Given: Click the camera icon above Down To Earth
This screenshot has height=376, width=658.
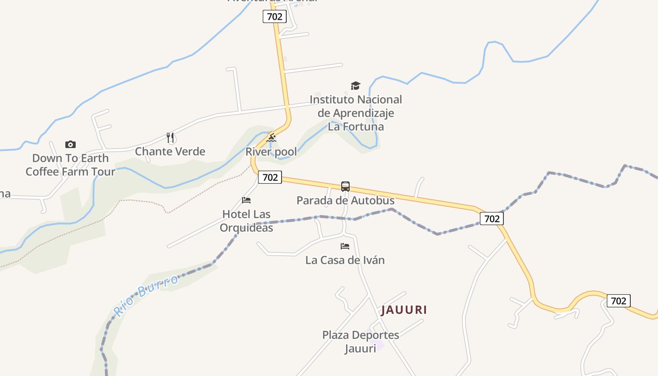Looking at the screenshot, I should point(70,144).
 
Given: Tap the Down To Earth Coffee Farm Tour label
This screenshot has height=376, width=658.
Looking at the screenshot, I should point(70,165).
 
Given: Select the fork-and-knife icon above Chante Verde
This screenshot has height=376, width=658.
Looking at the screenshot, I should point(171,138).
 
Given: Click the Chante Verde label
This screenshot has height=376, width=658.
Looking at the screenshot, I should point(170,151).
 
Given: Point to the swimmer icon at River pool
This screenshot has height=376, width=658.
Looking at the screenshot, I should point(271,138).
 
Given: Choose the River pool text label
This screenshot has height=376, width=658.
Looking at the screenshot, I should point(271,152).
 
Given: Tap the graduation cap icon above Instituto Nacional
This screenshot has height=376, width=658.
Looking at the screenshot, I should point(355,86).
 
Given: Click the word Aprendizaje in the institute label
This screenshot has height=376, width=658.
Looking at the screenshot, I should point(363,113).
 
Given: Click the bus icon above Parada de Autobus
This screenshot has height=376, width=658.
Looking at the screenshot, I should point(345,187).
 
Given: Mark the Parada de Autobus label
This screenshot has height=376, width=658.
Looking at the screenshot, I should point(345,200).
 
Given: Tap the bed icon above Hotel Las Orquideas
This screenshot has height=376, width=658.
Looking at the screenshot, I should point(246,200).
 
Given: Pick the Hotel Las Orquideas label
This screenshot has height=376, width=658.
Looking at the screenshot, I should point(246,221).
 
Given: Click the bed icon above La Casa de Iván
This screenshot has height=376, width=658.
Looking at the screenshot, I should point(345,246).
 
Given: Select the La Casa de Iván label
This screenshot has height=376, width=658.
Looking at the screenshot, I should point(345,260).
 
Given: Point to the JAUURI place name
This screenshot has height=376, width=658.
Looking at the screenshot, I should point(404,310).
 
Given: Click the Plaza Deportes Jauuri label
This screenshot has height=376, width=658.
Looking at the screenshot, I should point(360,342).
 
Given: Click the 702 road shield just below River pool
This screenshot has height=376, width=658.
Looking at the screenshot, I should point(270,177).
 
